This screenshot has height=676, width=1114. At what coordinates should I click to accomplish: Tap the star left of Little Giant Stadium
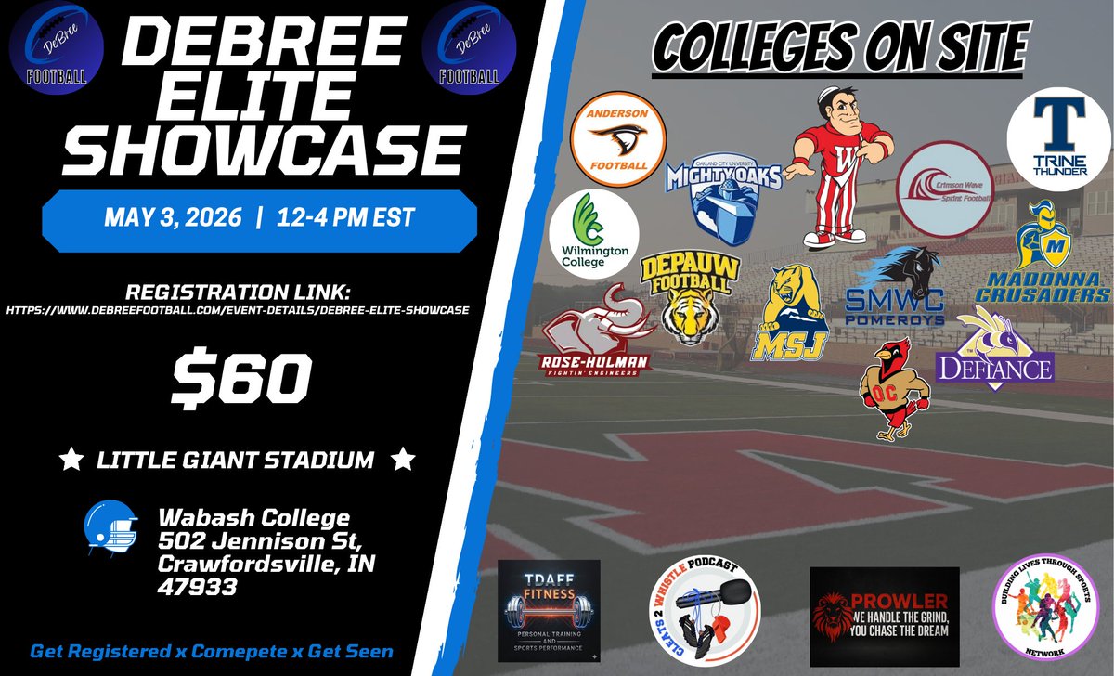(x=67, y=459)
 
